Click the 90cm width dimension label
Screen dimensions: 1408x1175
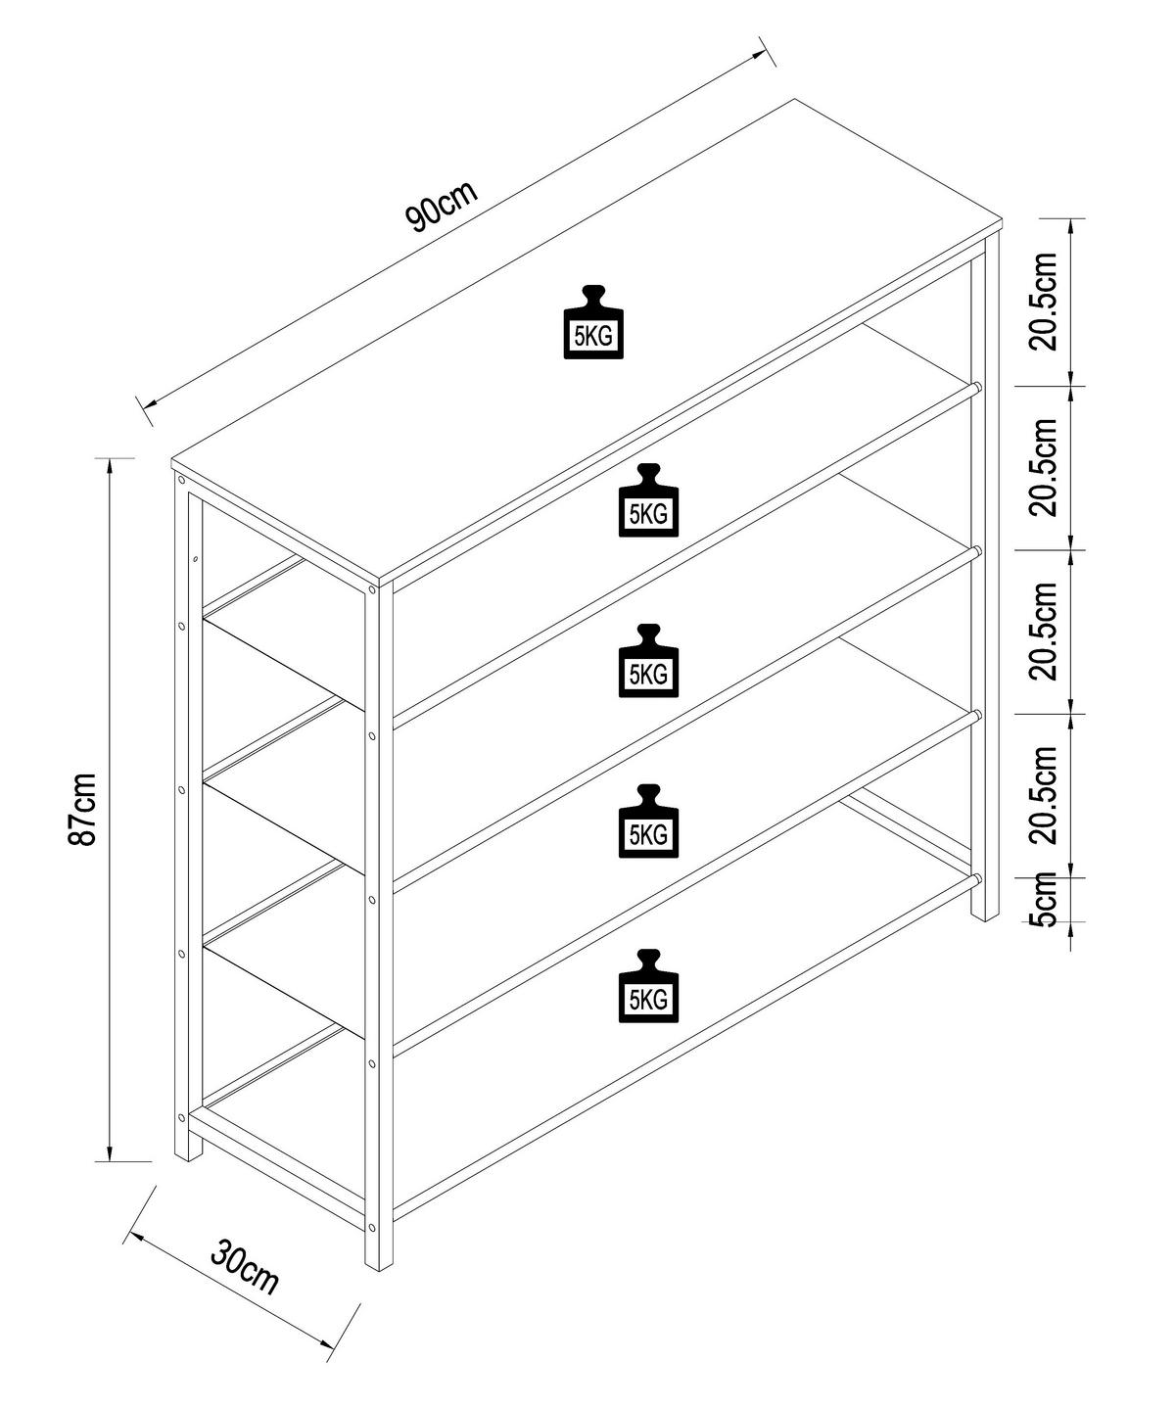442,205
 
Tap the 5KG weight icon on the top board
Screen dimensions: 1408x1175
593,323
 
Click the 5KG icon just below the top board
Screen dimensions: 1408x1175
647,501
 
